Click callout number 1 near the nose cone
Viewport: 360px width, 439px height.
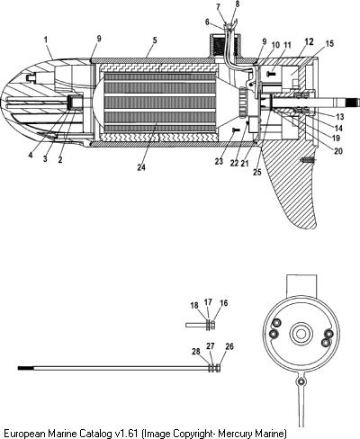[46, 40]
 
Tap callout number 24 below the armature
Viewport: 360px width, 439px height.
[141, 167]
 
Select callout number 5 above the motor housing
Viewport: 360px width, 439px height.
[155, 40]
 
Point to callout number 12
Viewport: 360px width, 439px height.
[309, 41]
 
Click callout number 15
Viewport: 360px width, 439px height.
[329, 44]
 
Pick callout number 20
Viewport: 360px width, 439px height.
[338, 151]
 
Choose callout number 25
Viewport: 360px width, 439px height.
[257, 172]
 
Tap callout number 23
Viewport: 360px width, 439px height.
[219, 161]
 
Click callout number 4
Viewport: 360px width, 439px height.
[31, 156]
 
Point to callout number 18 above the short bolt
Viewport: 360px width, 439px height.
[194, 305]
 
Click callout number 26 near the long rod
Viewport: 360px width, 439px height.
[229, 346]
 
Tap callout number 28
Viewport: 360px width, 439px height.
[196, 351]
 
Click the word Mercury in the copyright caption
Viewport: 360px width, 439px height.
[235, 434]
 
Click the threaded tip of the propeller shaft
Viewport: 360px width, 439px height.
[353, 103]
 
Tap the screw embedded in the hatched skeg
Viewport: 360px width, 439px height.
[308, 160]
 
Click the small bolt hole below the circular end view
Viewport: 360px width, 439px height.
[301, 381]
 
